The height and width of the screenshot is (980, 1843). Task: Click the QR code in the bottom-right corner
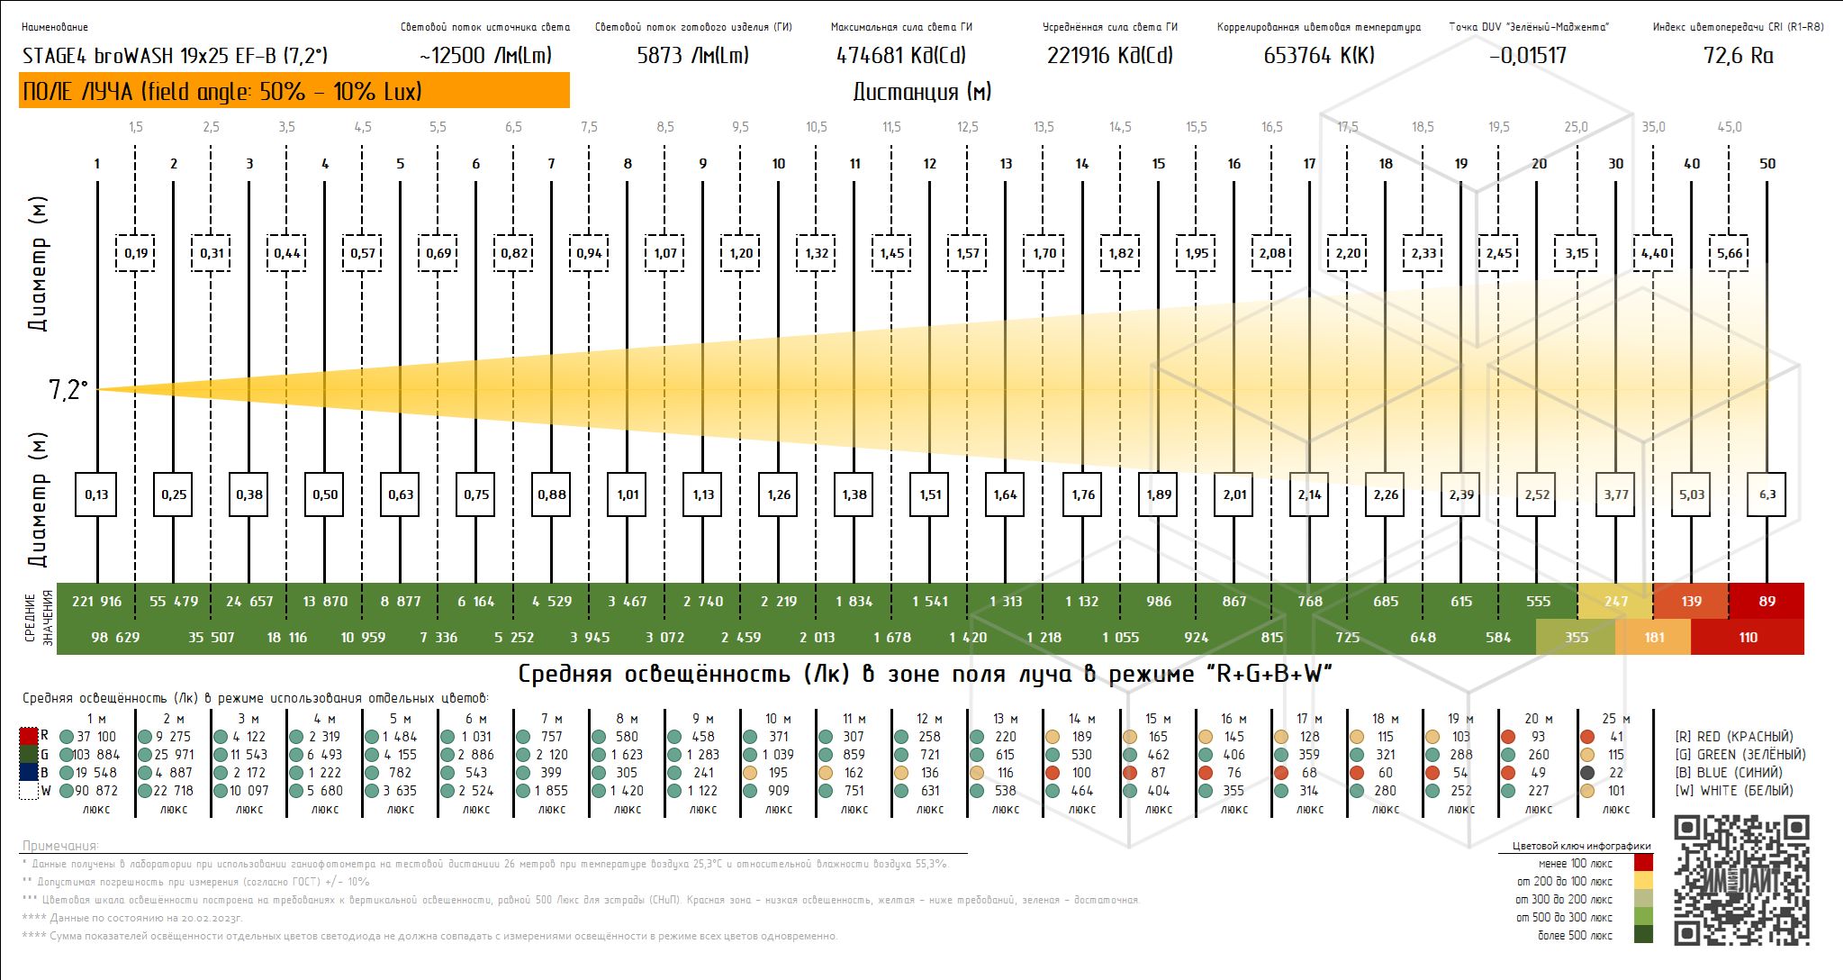click(x=1741, y=880)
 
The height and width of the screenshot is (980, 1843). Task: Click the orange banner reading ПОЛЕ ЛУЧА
click(x=294, y=90)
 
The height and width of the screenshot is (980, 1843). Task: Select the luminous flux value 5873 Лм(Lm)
click(x=692, y=56)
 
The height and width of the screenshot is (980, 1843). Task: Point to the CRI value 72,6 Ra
click(x=1738, y=56)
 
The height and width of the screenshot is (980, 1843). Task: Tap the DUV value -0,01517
click(x=1528, y=56)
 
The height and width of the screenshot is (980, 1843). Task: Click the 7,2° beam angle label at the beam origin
click(x=68, y=390)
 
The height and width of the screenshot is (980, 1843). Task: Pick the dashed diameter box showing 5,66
click(x=1730, y=253)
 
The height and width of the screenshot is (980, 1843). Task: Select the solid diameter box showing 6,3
click(x=1767, y=494)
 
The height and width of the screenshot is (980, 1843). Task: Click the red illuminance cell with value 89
click(x=1766, y=601)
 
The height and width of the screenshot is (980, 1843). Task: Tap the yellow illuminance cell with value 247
click(x=1615, y=601)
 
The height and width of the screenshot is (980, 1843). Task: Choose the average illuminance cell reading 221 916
click(x=96, y=601)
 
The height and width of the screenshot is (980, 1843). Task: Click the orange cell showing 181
click(x=1653, y=637)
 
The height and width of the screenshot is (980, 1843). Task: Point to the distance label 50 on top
click(x=1767, y=163)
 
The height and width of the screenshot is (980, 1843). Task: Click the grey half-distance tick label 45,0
click(x=1730, y=127)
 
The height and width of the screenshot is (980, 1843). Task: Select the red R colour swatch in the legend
click(x=29, y=737)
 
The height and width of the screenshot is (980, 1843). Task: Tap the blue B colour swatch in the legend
click(x=29, y=773)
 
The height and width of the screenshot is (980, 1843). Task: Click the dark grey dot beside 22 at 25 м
click(x=1588, y=773)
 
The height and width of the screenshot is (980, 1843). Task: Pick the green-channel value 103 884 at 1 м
click(x=95, y=755)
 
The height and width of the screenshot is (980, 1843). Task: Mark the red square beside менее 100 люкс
click(x=1643, y=863)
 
